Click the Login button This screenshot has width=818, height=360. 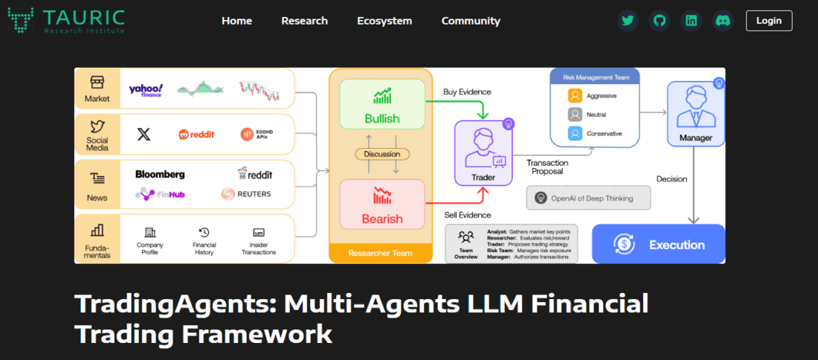point(769,21)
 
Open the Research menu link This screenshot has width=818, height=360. point(304,21)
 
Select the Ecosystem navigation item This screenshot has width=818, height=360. point(384,21)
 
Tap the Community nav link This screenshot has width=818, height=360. point(471,21)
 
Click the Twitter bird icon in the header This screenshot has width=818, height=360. point(628,21)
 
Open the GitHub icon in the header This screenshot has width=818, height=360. point(659,21)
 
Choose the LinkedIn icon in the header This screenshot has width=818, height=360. point(692,21)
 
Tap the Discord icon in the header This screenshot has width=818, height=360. point(723,21)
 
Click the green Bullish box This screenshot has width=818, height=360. point(382,105)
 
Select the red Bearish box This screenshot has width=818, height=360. point(382,204)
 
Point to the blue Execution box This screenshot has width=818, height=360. point(658,244)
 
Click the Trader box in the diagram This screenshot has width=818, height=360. point(483,152)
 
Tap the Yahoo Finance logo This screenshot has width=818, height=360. point(146,90)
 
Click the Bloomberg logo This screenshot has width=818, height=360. point(160,174)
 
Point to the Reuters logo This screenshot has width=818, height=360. point(246,194)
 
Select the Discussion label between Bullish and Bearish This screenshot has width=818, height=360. point(382,154)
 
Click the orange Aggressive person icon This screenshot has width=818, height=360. point(575,96)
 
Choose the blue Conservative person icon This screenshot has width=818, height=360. point(575,134)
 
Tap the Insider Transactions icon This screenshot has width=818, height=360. point(259,233)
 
